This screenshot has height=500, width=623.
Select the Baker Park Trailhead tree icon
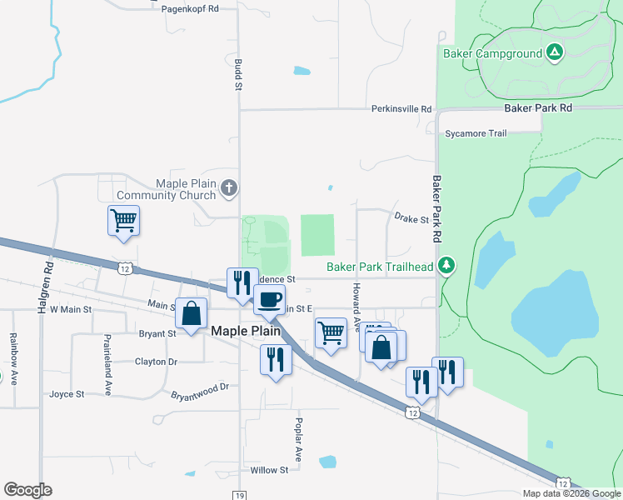448,266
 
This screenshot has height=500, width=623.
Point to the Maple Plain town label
248,331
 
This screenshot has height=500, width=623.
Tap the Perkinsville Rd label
401,109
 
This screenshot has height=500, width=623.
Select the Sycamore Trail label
475,133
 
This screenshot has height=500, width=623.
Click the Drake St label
411,220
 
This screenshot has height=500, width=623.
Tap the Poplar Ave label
297,440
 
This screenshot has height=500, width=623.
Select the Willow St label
269,470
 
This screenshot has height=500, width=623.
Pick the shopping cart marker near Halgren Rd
123,221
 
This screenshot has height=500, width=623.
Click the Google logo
27,490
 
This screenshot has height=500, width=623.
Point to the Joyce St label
67,394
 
